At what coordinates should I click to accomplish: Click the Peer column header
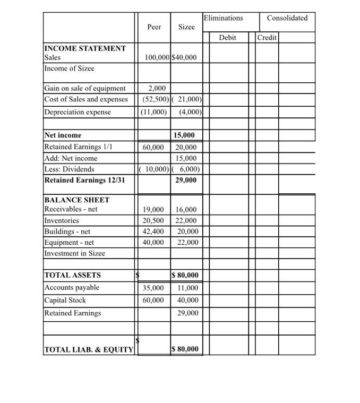[154, 27]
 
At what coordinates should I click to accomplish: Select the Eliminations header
[223, 18]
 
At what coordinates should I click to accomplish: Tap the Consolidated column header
[287, 18]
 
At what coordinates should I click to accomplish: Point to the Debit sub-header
[227, 38]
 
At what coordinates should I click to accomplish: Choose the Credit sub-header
[267, 38]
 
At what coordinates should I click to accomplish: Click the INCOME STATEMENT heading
[85, 48]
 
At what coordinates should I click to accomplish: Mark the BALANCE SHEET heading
[77, 200]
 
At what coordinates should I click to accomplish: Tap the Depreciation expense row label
[78, 112]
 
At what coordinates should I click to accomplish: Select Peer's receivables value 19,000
[154, 210]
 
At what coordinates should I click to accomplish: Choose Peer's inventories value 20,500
[154, 221]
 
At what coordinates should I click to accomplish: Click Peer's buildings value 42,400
[154, 231]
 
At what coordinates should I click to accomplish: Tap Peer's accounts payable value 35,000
[154, 288]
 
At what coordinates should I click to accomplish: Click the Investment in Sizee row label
[74, 253]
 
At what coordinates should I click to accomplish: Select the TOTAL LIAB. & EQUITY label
[88, 349]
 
